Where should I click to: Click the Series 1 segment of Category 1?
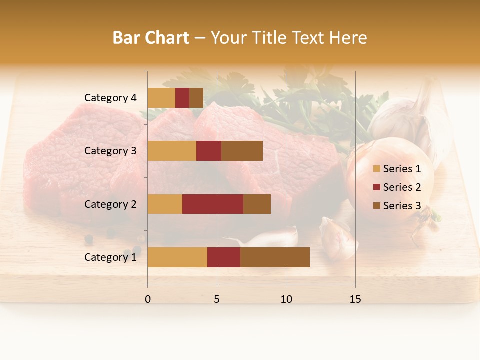(177, 257)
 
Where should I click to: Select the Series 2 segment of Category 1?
(224, 257)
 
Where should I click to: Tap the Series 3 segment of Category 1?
(275, 257)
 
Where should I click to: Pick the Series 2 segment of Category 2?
(213, 204)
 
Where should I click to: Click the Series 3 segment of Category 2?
(257, 204)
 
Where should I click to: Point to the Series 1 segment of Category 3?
(172, 151)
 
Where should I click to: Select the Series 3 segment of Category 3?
(242, 151)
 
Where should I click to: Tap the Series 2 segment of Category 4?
(182, 98)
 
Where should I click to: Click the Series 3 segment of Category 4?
(196, 98)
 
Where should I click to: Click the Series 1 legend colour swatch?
(376, 169)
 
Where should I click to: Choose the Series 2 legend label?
(402, 187)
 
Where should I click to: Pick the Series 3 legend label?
(402, 206)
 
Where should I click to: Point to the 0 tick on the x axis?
(148, 299)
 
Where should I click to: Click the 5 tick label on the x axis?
(217, 299)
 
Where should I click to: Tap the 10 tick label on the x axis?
(286, 299)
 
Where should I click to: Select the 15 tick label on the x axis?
(355, 299)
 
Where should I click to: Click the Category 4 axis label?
(110, 98)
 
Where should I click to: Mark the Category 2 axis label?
(110, 204)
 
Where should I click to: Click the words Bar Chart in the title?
(151, 38)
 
